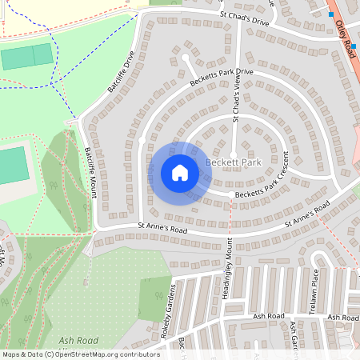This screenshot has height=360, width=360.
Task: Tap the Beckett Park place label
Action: click(x=234, y=162)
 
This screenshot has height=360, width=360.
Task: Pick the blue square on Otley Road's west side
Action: click(x=330, y=14)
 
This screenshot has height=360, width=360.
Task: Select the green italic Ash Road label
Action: click(x=78, y=340)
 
